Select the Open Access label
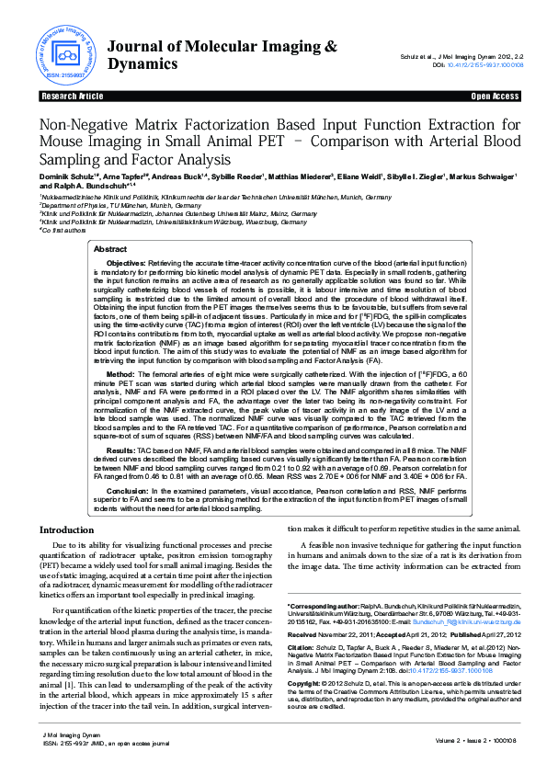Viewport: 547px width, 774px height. click(495, 96)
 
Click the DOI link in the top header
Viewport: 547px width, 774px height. click(484, 65)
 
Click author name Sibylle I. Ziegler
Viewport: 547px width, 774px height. click(413, 176)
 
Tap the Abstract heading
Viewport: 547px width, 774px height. click(111, 249)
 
